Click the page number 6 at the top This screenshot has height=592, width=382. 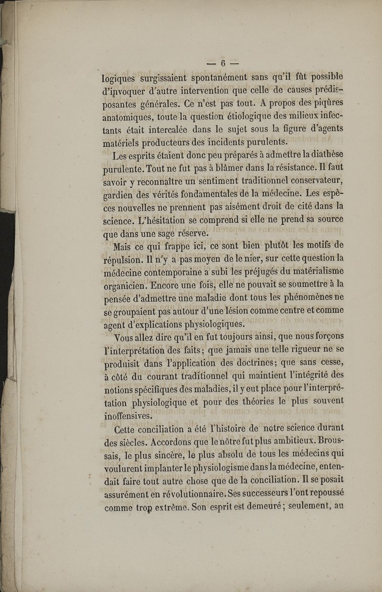click(222, 63)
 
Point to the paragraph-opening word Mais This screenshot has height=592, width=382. click(122, 247)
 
